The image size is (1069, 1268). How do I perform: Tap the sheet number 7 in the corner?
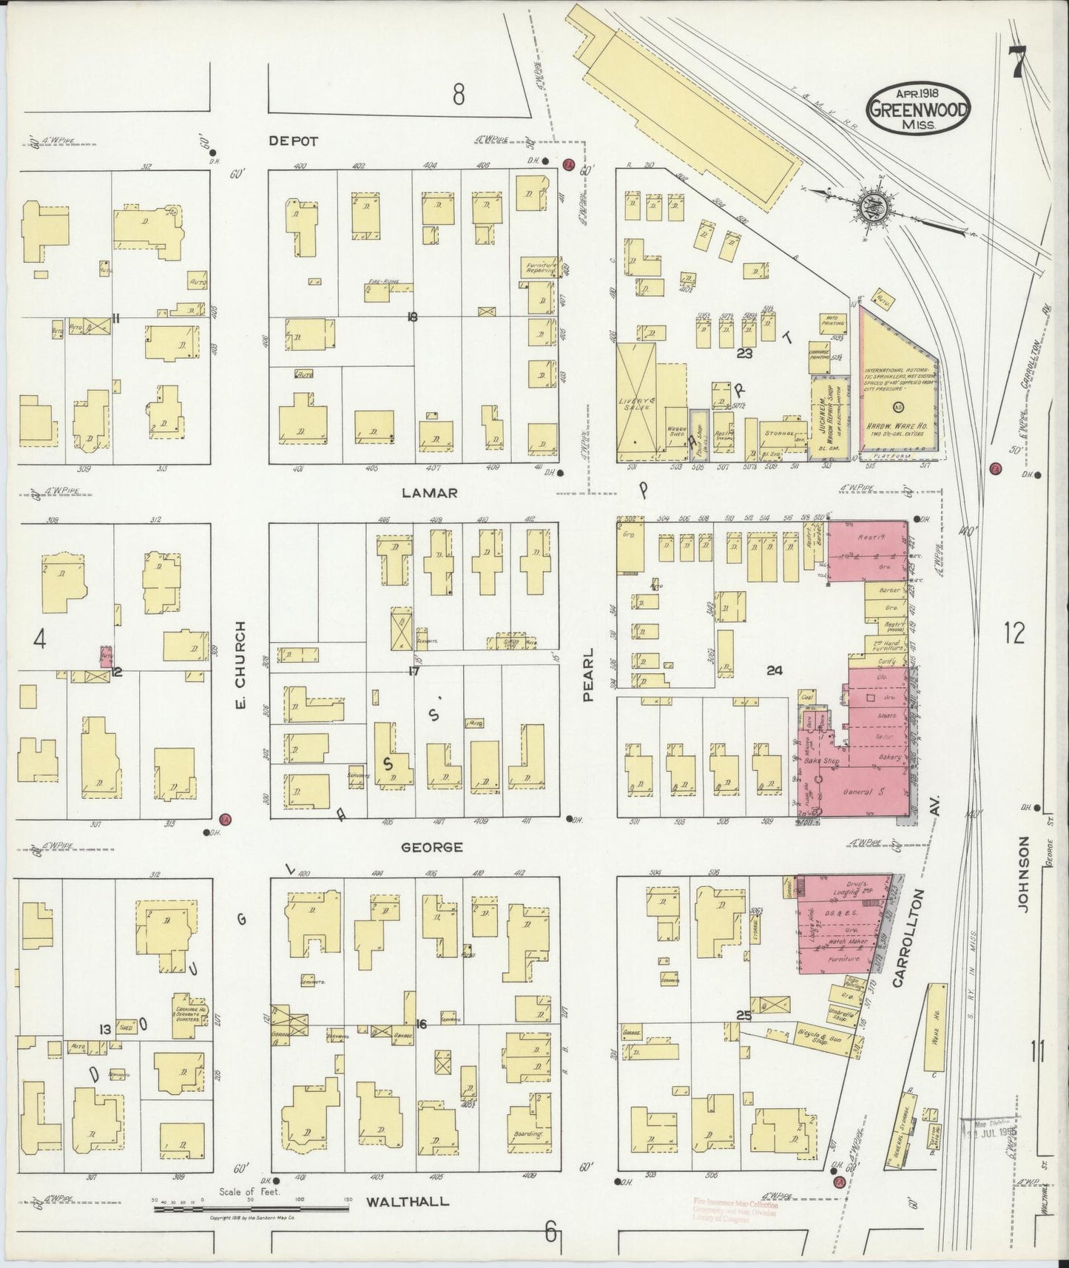(x=1019, y=62)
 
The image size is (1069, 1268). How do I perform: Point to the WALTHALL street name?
(x=408, y=1201)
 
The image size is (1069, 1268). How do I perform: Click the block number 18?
(x=412, y=317)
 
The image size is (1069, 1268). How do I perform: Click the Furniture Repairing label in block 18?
(x=541, y=268)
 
